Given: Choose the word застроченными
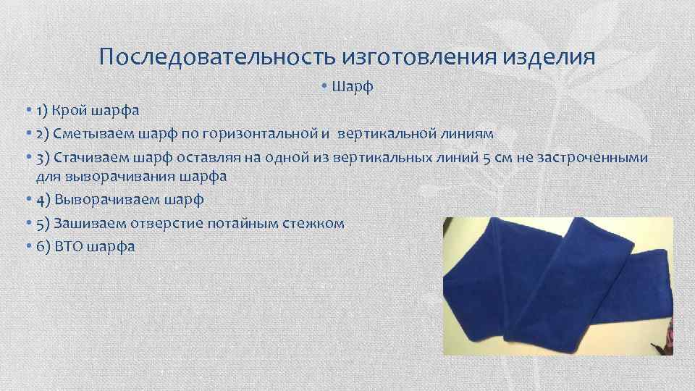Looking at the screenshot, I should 594,158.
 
